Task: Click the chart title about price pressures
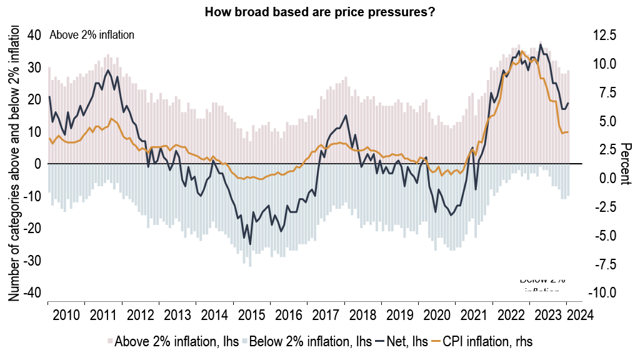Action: click(320, 11)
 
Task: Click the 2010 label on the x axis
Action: click(66, 313)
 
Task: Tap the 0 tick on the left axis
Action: click(37, 164)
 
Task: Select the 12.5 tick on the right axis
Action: click(604, 35)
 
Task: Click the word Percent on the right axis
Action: click(625, 164)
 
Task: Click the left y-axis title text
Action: click(13, 164)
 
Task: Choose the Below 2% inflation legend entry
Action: click(306, 341)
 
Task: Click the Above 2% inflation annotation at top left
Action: click(92, 35)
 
